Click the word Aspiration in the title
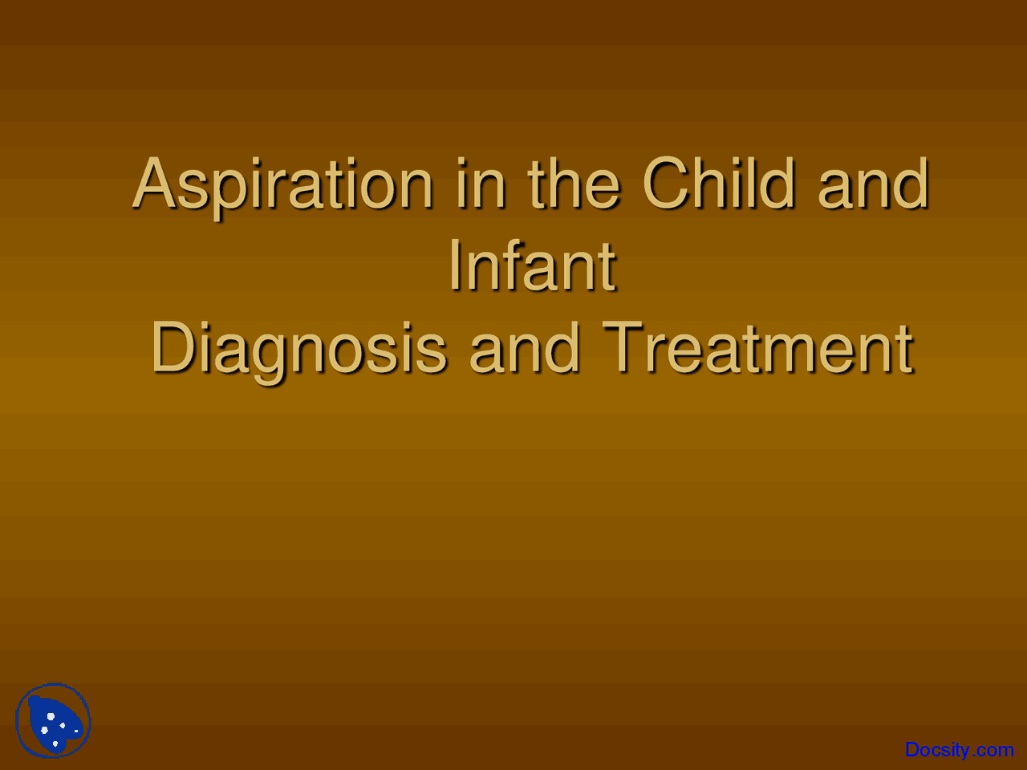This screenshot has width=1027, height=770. click(x=283, y=184)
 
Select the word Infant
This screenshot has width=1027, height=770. click(x=532, y=265)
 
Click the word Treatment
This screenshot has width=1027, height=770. click(x=757, y=349)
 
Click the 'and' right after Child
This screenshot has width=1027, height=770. click(x=873, y=184)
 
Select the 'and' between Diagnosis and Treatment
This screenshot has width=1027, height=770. click(x=524, y=349)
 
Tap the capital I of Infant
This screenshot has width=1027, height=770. click(x=455, y=265)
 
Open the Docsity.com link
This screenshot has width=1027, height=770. click(x=959, y=750)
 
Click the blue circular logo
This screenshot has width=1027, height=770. click(x=53, y=721)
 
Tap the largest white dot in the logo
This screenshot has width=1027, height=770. click(x=51, y=716)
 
